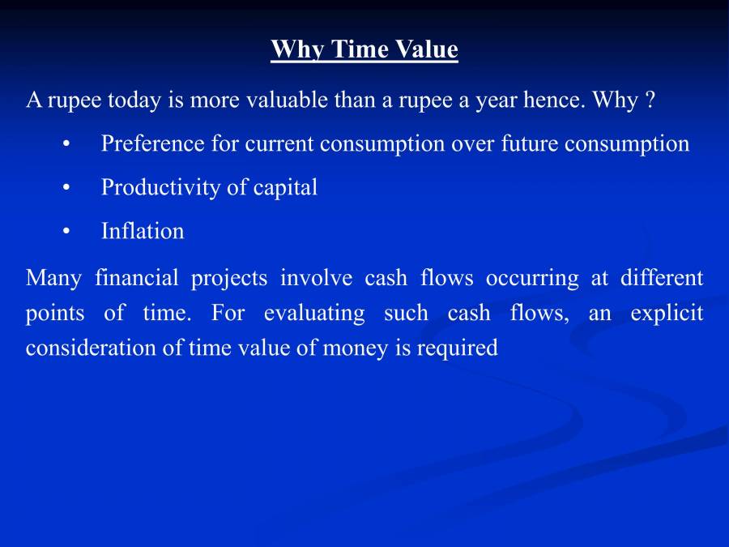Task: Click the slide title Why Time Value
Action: (364, 49)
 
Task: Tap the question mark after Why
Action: (650, 100)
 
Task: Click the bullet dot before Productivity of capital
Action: (66, 188)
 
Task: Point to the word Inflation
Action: (143, 232)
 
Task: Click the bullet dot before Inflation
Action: (66, 232)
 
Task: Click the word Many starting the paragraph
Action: (53, 279)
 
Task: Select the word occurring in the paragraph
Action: (532, 279)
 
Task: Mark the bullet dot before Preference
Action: (66, 144)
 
